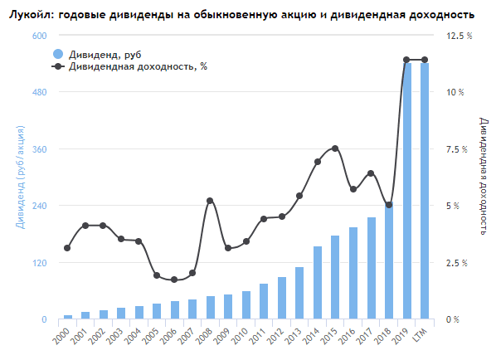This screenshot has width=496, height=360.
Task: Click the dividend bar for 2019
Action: [406, 191]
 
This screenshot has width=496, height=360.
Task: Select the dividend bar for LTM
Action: [425, 191]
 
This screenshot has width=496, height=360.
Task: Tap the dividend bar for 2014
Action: [318, 282]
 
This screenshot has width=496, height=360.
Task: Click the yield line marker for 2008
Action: [210, 201]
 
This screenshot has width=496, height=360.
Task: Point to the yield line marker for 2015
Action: [335, 148]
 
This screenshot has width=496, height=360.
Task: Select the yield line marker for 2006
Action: [174, 280]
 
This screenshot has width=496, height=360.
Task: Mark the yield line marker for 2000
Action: [67, 248]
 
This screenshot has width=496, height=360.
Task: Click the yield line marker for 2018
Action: [389, 205]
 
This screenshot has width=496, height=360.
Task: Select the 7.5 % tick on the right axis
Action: [458, 149]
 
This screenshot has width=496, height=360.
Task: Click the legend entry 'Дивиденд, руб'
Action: [100, 54]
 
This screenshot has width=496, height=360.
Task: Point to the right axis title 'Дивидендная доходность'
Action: [484, 176]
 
